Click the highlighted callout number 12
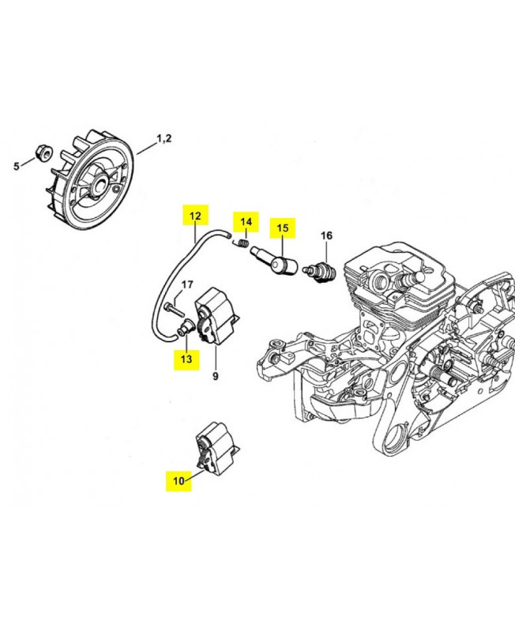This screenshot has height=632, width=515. point(194,215)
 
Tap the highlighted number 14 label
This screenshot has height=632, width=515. point(246,221)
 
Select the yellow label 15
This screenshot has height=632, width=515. point(283,228)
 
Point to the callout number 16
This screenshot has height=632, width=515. point(326,235)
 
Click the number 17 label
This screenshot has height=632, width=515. point(188,284)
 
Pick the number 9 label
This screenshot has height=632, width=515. point(215,377)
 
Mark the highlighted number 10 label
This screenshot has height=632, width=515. point(178,480)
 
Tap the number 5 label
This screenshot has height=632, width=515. point(15,166)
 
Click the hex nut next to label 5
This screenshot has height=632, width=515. point(43,152)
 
